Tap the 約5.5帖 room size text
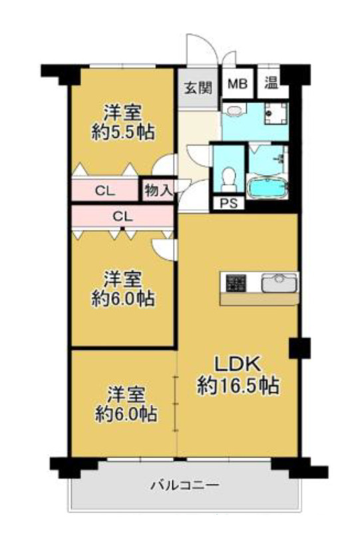[123, 132]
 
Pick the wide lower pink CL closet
[122, 216]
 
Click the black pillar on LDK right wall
[299, 347]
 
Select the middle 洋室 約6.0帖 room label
[124, 288]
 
